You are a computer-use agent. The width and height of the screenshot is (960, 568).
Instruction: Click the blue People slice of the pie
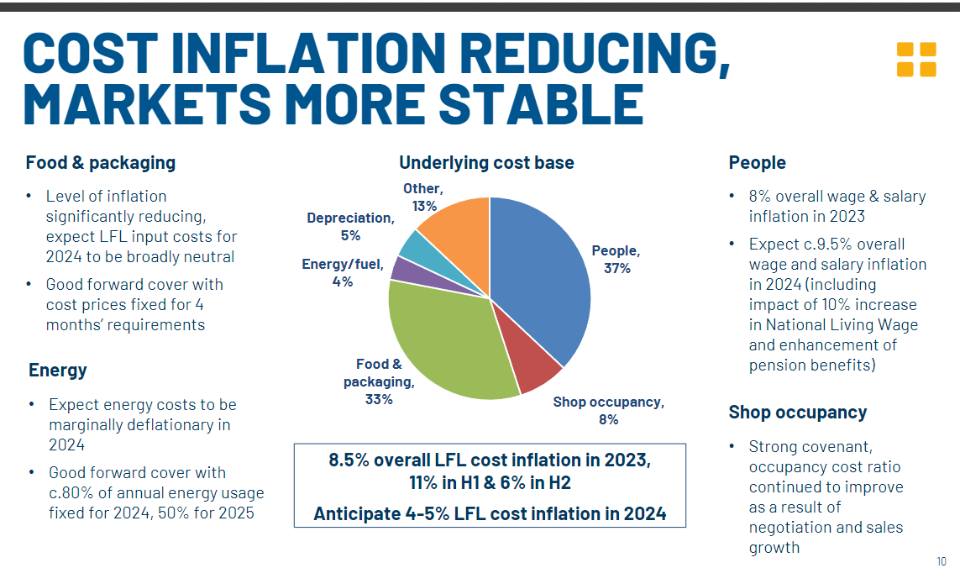pyautogui.click(x=538, y=277)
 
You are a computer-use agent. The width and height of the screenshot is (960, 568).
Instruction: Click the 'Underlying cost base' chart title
pyautogui.click(x=486, y=163)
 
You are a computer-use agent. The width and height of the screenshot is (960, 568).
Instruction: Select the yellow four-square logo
pyautogui.click(x=915, y=60)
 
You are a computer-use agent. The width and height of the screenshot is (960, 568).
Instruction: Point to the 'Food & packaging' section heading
pyautogui.click(x=101, y=163)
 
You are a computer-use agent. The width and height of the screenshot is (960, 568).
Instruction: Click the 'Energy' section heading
pyautogui.click(x=58, y=371)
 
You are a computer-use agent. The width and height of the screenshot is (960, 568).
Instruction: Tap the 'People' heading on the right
pyautogui.click(x=758, y=163)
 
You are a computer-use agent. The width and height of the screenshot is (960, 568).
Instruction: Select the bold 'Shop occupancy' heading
pyautogui.click(x=798, y=413)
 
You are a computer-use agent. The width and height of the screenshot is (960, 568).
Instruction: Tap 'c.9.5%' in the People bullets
pyautogui.click(x=827, y=244)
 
